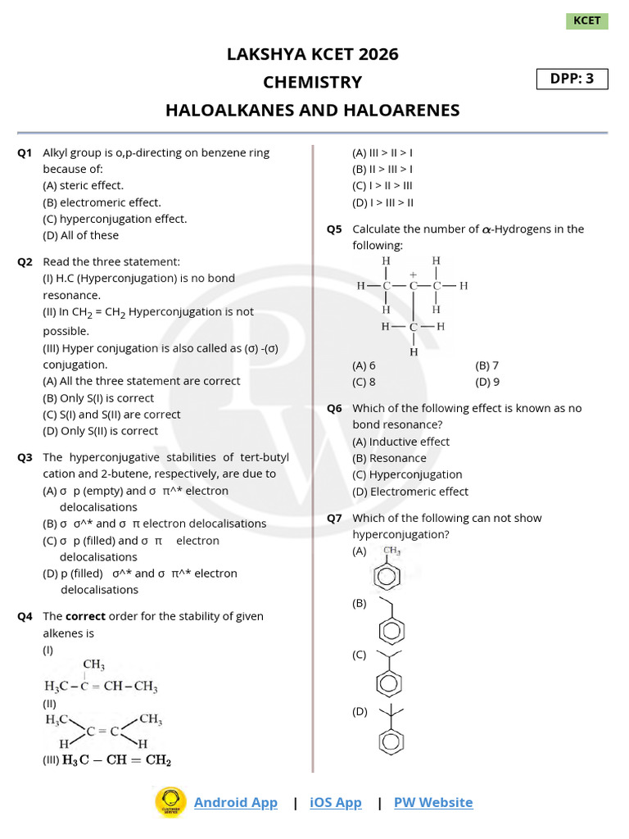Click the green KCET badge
pyautogui.click(x=586, y=20)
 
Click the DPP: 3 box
pyautogui.click(x=572, y=79)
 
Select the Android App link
pyautogui.click(x=235, y=802)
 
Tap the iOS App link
pyautogui.click(x=335, y=802)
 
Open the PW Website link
pyautogui.click(x=433, y=802)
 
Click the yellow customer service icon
pyautogui.click(x=170, y=801)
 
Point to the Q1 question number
pyautogui.click(x=25, y=152)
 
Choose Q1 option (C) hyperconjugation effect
pyautogui.click(x=115, y=219)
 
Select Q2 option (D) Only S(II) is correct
pyautogui.click(x=100, y=431)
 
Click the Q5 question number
pyautogui.click(x=334, y=229)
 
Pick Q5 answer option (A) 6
pyautogui.click(x=364, y=365)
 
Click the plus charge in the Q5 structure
pyautogui.click(x=414, y=274)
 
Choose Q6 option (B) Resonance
pyautogui.click(x=389, y=458)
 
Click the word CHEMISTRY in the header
pyautogui.click(x=312, y=82)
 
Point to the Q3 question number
pyautogui.click(x=25, y=457)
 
